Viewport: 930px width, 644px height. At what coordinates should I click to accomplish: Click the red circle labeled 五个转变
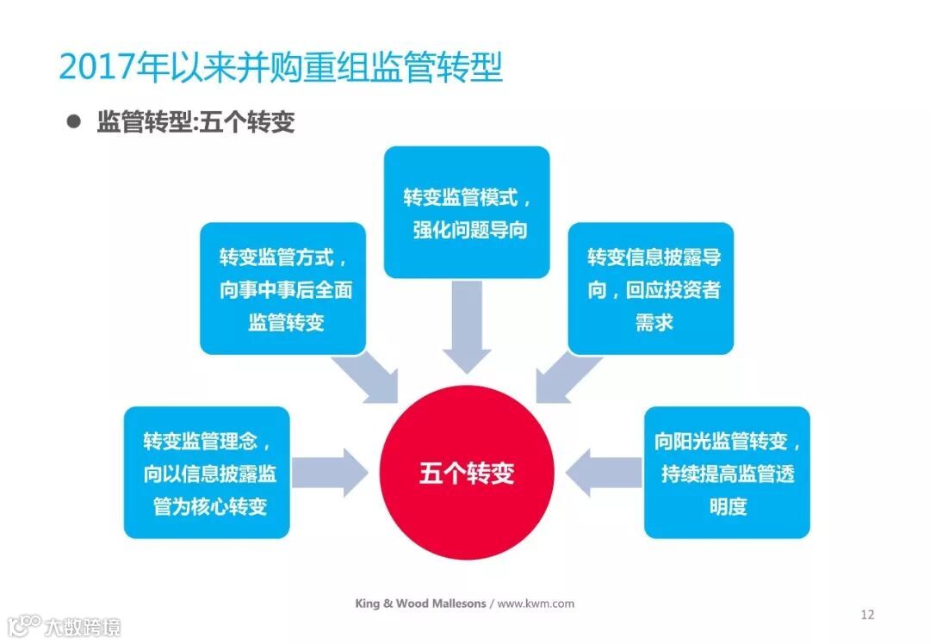click(x=466, y=473)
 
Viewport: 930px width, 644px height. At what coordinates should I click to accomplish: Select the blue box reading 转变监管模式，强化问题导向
click(x=466, y=212)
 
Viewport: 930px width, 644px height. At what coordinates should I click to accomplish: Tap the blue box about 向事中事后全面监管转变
click(x=282, y=288)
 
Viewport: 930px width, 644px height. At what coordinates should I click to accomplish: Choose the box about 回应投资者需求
click(x=651, y=288)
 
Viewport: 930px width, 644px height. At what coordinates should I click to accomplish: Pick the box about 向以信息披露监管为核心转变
click(x=207, y=473)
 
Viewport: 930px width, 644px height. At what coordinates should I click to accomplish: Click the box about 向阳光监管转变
click(x=727, y=473)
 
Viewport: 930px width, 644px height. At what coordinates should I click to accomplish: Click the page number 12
click(x=867, y=614)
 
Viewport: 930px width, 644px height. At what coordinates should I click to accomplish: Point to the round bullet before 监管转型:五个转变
click(x=74, y=121)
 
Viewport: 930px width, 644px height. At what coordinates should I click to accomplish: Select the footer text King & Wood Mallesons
click(x=420, y=604)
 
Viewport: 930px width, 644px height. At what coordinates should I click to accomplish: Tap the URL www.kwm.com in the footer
click(x=536, y=604)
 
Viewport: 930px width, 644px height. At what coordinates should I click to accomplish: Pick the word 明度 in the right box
click(x=727, y=505)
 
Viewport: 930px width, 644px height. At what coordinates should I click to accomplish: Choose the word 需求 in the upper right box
click(x=653, y=322)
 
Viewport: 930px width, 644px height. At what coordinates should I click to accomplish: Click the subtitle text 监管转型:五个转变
click(x=195, y=122)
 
